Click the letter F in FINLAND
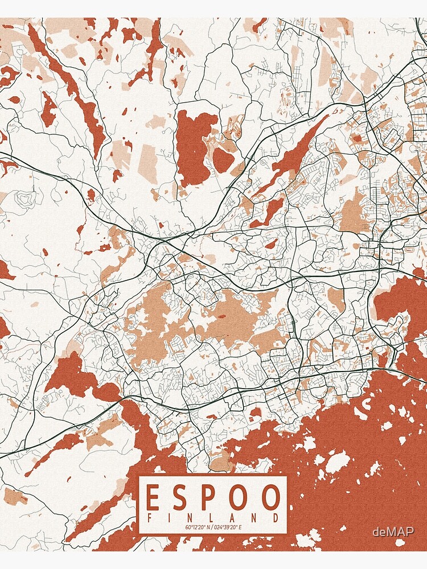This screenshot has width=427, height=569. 150,518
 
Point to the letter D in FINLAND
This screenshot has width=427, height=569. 276,518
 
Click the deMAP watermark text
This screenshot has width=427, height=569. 393,532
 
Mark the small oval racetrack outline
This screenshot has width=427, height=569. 409,249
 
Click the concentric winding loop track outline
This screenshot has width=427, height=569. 26,199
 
